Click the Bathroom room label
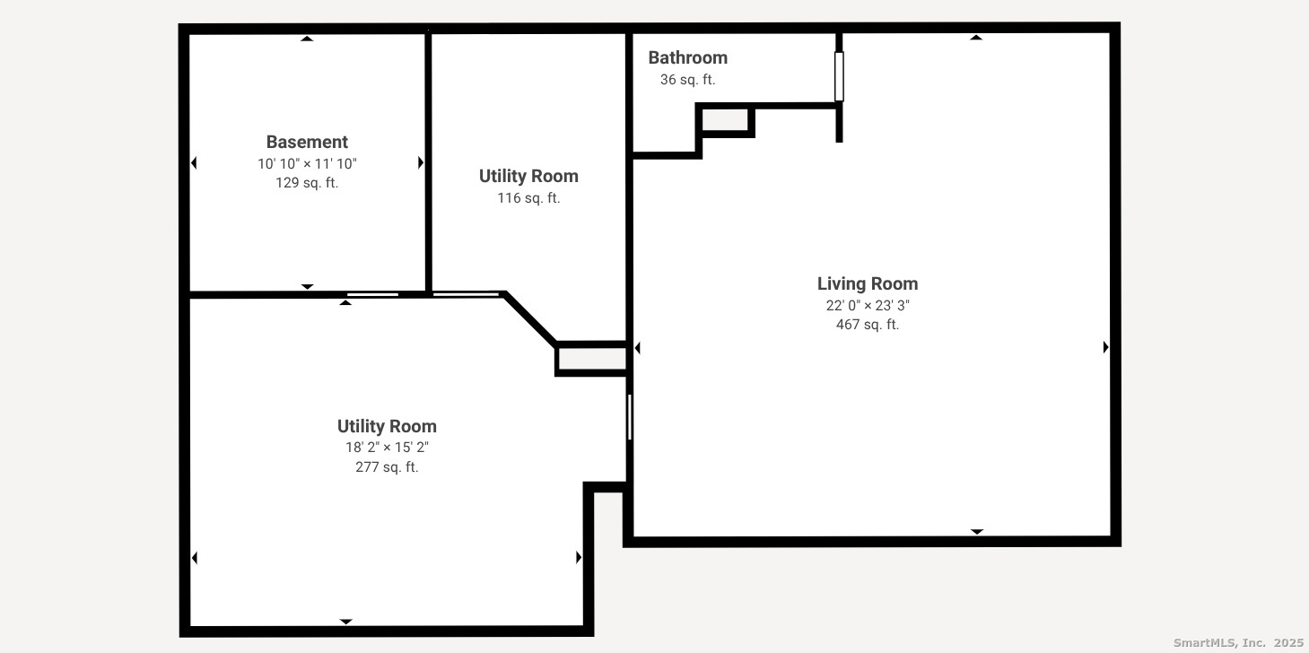[x=687, y=57]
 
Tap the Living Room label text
[x=867, y=283]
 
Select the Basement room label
[x=307, y=142]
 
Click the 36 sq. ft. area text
[x=687, y=80]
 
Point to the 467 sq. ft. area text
[x=867, y=325]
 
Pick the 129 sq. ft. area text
[x=307, y=183]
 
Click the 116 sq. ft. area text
[x=528, y=198]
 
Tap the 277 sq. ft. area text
[x=387, y=467]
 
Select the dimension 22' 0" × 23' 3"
[x=867, y=305]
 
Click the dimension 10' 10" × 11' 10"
[x=307, y=163]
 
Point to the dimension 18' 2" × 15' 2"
[x=387, y=448]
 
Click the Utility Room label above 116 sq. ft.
[x=528, y=176]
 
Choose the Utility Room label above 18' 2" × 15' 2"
[x=387, y=426]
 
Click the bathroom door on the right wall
[x=839, y=76]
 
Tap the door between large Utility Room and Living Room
[x=629, y=417]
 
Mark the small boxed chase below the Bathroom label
[x=725, y=120]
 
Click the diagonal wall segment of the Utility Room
[x=531, y=318]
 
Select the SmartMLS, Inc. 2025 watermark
[x=1237, y=642]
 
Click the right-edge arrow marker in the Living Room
[x=1105, y=347]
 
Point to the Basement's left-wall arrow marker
[x=194, y=162]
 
